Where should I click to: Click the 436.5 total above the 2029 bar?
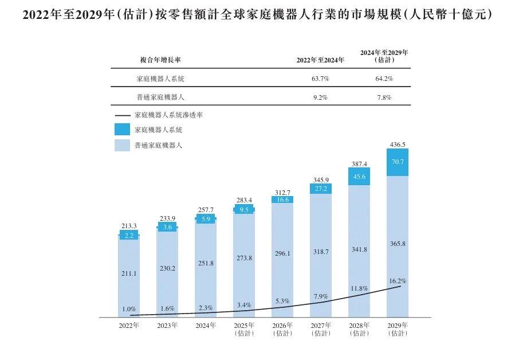click(x=397, y=144)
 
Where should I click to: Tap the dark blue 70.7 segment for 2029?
click(x=398, y=162)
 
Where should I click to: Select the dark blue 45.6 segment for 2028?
click(x=359, y=176)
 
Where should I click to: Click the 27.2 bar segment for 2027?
click(x=321, y=189)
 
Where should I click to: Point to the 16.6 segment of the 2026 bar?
click(x=282, y=199)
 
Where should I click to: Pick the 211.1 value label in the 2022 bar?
click(x=129, y=273)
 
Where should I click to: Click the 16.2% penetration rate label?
click(x=398, y=281)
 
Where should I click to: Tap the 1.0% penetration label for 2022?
click(x=129, y=309)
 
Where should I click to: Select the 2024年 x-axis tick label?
click(x=206, y=326)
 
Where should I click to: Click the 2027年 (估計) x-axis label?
click(x=321, y=329)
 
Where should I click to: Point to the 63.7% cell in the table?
click(x=320, y=79)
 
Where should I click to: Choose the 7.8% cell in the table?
click(x=384, y=97)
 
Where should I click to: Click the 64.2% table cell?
click(x=384, y=79)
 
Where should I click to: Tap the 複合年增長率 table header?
click(x=160, y=60)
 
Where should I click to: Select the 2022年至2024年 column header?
click(x=320, y=60)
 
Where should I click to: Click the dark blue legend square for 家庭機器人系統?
click(x=122, y=130)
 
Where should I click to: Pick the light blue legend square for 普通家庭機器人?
click(x=122, y=146)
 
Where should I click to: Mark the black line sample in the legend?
click(x=123, y=115)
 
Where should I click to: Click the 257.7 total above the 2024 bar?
click(x=206, y=210)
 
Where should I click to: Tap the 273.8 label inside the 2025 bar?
click(x=244, y=258)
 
